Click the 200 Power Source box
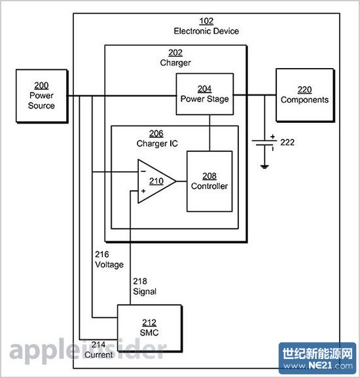42,96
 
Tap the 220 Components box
304,95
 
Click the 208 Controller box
209,181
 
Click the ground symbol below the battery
264,167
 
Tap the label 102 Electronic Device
206,26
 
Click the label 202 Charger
175,58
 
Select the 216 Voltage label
108,259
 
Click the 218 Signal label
144,286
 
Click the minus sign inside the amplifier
143,172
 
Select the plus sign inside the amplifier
143,191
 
